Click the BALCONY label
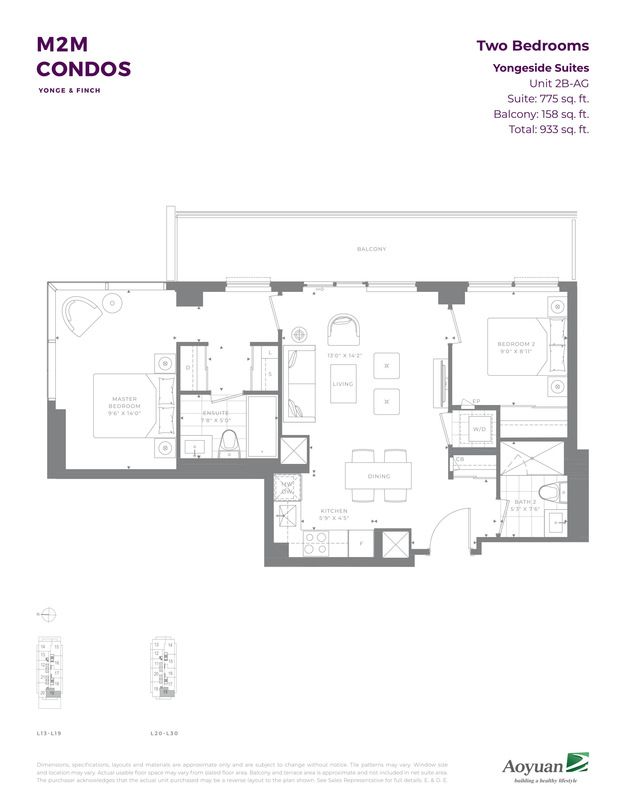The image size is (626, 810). click(x=372, y=249)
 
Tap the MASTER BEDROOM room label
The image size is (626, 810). click(x=125, y=402)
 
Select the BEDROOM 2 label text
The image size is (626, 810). click(x=516, y=344)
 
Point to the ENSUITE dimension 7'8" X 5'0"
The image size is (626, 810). click(x=216, y=420)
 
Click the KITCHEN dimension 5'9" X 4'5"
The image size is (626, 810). click(x=334, y=518)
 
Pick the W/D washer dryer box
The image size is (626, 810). click(x=479, y=429)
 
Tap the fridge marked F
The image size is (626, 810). click(x=361, y=544)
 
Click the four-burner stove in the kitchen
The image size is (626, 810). click(x=316, y=544)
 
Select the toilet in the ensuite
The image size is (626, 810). click(x=230, y=444)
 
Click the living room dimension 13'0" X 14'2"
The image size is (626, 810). click(x=344, y=356)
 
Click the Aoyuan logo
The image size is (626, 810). click(x=545, y=766)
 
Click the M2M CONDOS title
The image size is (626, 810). click(x=84, y=56)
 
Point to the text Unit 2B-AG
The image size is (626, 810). click(x=559, y=83)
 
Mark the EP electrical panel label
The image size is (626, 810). click(x=476, y=401)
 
